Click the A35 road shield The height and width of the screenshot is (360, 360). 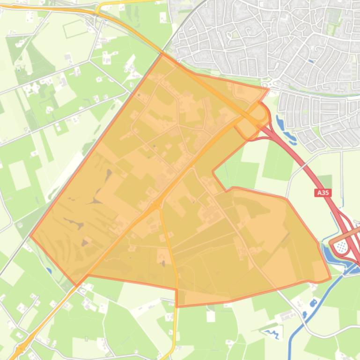pyautogui.click(x=323, y=192)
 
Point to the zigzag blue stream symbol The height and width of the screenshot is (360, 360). pyautogui.click(x=272, y=333)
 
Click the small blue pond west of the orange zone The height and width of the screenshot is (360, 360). pyautogui.click(x=49, y=270)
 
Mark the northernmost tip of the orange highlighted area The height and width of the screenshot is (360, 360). pyautogui.click(x=162, y=54)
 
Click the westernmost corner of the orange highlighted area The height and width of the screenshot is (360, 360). pyautogui.click(x=30, y=235)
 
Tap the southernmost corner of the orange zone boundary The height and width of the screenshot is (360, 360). pyautogui.click(x=177, y=307)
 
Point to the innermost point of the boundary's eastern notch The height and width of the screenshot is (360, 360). pyautogui.click(x=213, y=171)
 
